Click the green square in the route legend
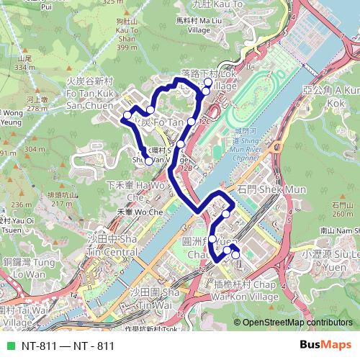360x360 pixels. [x=9, y=346]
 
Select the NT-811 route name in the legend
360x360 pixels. [x=68, y=346]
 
